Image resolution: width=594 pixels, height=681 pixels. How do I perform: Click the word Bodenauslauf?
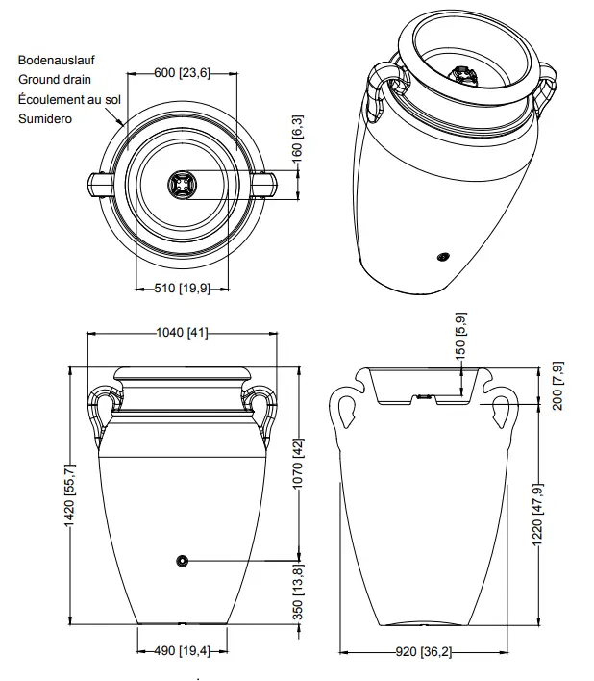(56, 60)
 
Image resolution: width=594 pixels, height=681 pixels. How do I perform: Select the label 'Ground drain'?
(55, 80)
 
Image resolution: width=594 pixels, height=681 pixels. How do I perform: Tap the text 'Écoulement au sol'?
(68, 99)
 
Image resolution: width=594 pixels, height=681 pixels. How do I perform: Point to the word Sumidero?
(45, 119)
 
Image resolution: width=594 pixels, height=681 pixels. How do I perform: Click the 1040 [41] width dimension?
(182, 334)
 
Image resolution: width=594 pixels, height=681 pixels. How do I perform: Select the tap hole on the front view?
(181, 561)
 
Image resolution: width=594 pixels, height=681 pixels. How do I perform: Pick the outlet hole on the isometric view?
(443, 257)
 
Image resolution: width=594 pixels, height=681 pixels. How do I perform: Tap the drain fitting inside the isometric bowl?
(461, 74)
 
